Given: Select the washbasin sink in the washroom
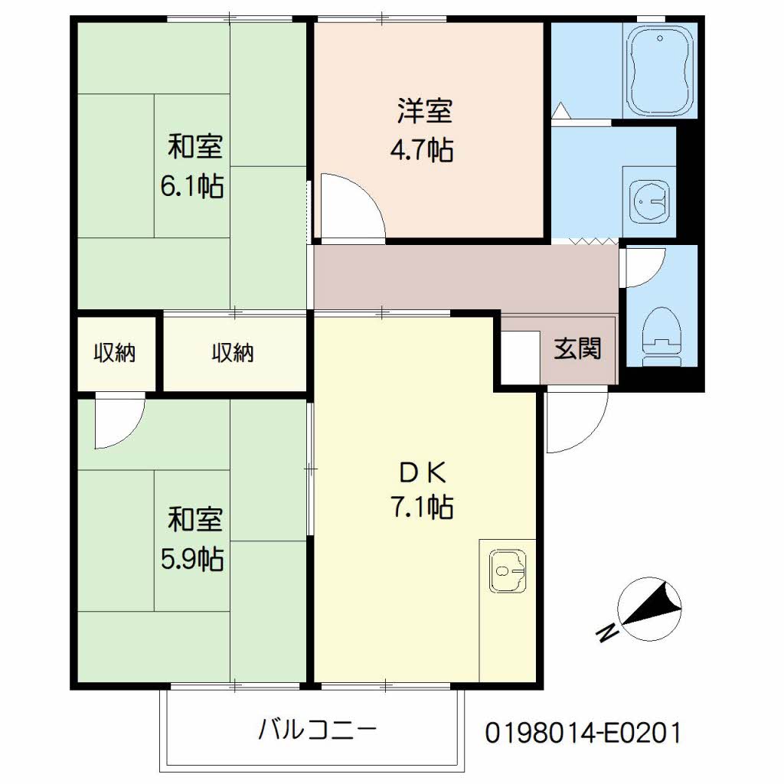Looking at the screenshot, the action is [649, 201].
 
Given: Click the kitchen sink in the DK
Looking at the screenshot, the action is [508, 571].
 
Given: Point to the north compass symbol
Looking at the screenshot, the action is [650, 609].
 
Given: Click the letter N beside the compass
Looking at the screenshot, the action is [607, 633].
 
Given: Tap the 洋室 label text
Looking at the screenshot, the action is [425, 111].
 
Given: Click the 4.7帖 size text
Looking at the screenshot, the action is [422, 149].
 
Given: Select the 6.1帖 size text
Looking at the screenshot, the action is [192, 187].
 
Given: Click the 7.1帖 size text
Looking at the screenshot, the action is [422, 507].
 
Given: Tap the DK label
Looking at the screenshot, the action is [423, 472].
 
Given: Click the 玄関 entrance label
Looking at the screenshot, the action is [577, 348].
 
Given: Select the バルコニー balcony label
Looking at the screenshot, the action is [317, 730].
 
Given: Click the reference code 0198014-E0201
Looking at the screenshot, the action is [583, 733].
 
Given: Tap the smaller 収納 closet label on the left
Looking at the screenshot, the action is [115, 353].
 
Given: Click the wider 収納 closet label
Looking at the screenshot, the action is [233, 353].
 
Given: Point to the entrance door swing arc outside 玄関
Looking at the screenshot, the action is [590, 436].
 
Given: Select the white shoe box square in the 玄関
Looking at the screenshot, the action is [521, 357].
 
